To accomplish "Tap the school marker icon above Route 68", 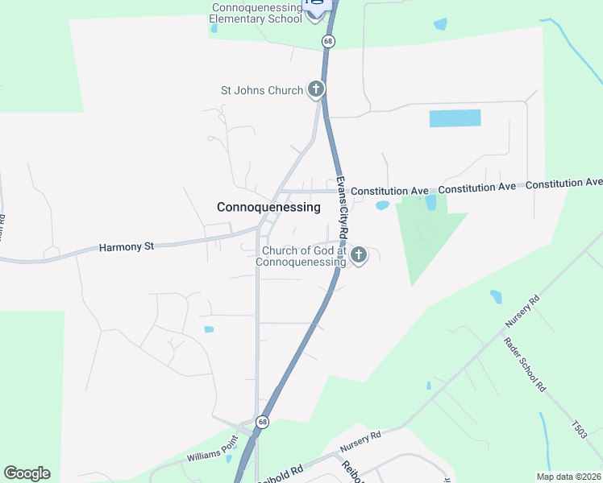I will pyautogui.click(x=316, y=10).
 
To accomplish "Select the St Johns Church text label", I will pyautogui.click(x=261, y=90).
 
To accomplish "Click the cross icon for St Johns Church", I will pyautogui.click(x=315, y=89).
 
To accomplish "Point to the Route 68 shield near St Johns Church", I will pyautogui.click(x=327, y=40).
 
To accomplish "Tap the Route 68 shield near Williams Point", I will pyautogui.click(x=262, y=422).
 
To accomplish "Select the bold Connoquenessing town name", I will pyautogui.click(x=268, y=207).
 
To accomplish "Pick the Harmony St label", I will pyautogui.click(x=126, y=246).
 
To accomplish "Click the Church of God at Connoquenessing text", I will pyautogui.click(x=301, y=256).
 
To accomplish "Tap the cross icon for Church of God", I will pyautogui.click(x=359, y=256).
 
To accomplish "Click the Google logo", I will pyautogui.click(x=27, y=473).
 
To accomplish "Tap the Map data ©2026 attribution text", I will pyautogui.click(x=568, y=477).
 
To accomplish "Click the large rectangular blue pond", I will pyautogui.click(x=455, y=118).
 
